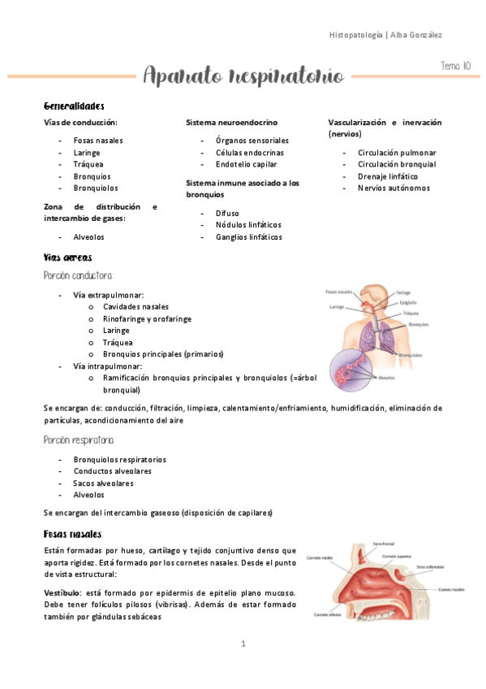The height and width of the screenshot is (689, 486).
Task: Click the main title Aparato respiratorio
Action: pos(243,76)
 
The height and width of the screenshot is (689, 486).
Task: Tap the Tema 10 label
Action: pos(455,65)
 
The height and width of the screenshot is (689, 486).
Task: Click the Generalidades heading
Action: pos(74,106)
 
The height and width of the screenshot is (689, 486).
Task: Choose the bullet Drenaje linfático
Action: pos(388,176)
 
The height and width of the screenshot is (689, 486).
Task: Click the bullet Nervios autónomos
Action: pos(394,188)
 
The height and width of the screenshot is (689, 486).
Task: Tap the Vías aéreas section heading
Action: pos(67,257)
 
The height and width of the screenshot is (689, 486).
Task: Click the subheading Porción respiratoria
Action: pos(80,440)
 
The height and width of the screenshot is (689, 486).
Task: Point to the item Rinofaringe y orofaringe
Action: pos(147,319)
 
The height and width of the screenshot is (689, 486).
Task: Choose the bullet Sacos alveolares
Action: pos(103,483)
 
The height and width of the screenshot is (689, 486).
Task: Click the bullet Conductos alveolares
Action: pos(112,471)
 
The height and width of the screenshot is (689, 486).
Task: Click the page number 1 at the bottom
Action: pos(243,643)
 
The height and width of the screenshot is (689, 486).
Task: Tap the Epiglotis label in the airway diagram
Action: pos(408,302)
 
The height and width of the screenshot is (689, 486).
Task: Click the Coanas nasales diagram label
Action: pos(453,589)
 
